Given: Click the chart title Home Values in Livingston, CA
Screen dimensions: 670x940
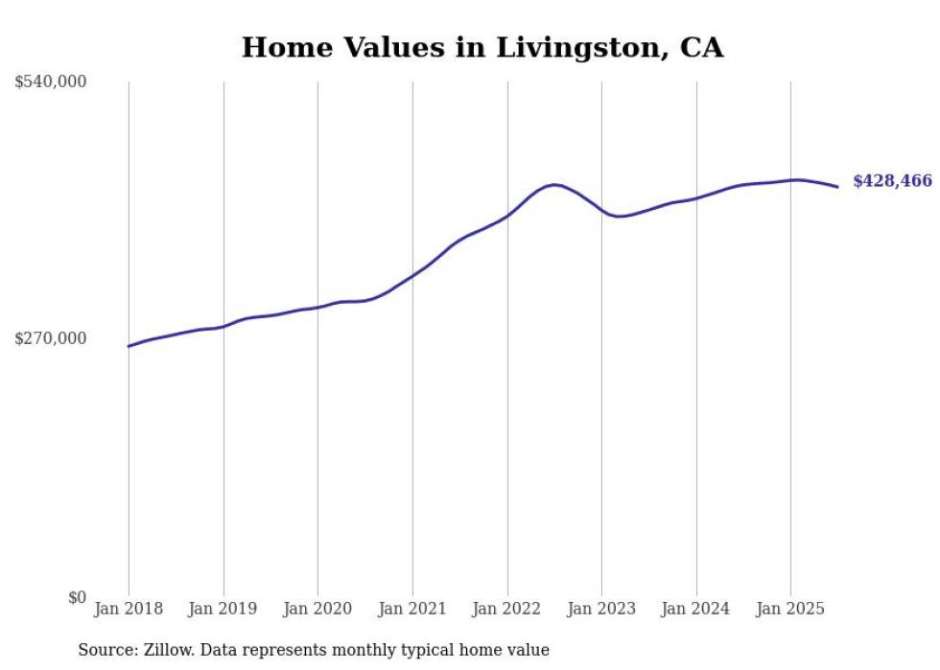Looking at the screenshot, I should pos(482,47).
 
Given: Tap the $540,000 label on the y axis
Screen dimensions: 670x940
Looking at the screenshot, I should pos(51,82).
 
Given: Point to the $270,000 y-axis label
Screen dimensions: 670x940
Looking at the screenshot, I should pos(51,338).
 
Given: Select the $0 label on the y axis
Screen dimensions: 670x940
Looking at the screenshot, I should pos(77,597).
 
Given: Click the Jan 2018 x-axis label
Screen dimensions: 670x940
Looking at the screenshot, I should pos(129,609).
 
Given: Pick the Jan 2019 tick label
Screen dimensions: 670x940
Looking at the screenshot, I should pos(223,609).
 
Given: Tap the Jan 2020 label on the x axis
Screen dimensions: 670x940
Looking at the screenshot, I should pos(317,609).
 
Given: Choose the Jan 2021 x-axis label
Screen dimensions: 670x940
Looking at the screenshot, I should pos(412,609).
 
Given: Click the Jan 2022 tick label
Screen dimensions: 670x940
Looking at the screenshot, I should pos(506,609).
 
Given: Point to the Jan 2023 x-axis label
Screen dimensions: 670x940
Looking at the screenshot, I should pos(601,609).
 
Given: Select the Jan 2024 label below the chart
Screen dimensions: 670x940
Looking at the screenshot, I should pos(696,609).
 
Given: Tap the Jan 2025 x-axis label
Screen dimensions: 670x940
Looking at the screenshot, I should pos(790,609).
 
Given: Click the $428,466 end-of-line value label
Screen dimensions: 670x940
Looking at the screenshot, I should pos(892,181).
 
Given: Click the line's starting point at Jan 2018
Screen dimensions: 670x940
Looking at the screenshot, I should pos(129,346).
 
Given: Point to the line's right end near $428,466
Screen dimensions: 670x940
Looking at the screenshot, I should pos(837,186).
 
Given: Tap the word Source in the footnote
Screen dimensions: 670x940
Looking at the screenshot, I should pos(106,651).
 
